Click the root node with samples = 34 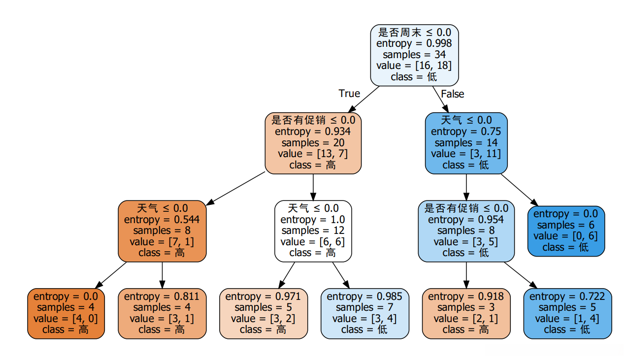point(414,55)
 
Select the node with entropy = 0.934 point(313,143)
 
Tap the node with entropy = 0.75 point(466,143)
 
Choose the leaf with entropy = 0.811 point(162,313)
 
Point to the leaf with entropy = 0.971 point(263,313)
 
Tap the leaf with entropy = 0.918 point(466,313)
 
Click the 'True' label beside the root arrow point(349,94)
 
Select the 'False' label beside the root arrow point(452,94)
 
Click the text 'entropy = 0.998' point(414,43)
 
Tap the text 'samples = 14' point(466,143)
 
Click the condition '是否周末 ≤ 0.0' point(414,33)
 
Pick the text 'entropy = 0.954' point(466,220)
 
